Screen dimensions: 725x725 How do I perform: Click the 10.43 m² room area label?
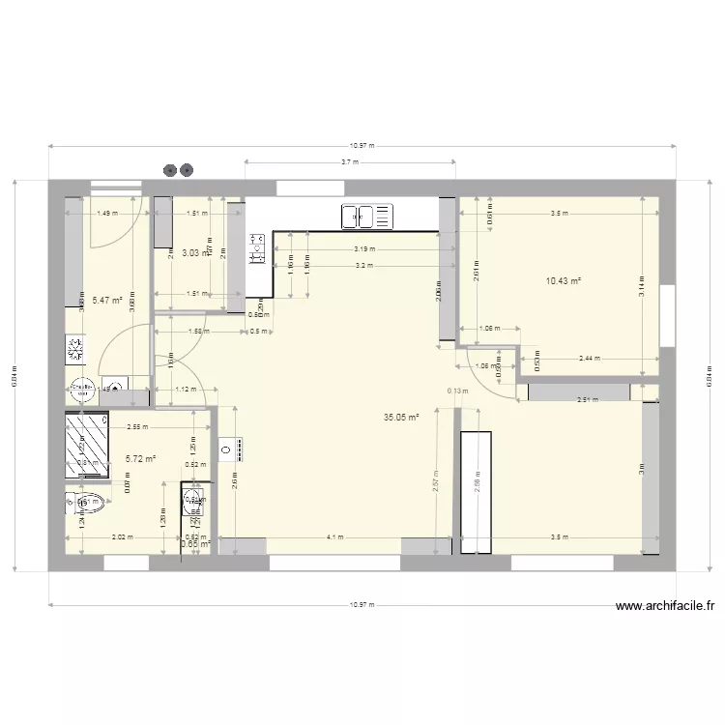click(x=563, y=281)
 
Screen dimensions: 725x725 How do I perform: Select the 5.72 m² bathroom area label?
click(x=141, y=459)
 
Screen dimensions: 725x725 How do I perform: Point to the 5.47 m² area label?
click(x=106, y=301)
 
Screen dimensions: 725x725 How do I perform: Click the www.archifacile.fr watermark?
click(x=664, y=607)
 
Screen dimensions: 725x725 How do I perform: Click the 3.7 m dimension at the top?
click(x=351, y=161)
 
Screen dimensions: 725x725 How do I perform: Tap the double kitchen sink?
click(x=367, y=217)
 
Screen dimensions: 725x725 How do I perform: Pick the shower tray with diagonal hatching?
click(x=86, y=445)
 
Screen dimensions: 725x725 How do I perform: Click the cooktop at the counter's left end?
click(x=257, y=249)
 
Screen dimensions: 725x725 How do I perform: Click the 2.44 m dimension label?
click(x=590, y=358)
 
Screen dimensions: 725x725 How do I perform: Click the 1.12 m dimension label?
click(x=186, y=390)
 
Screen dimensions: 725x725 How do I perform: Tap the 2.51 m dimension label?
click(x=585, y=400)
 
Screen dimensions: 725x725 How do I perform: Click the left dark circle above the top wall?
click(x=171, y=170)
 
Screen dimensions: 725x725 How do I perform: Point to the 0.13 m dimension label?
click(x=457, y=391)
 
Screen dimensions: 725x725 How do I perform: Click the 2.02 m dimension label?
click(x=123, y=537)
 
